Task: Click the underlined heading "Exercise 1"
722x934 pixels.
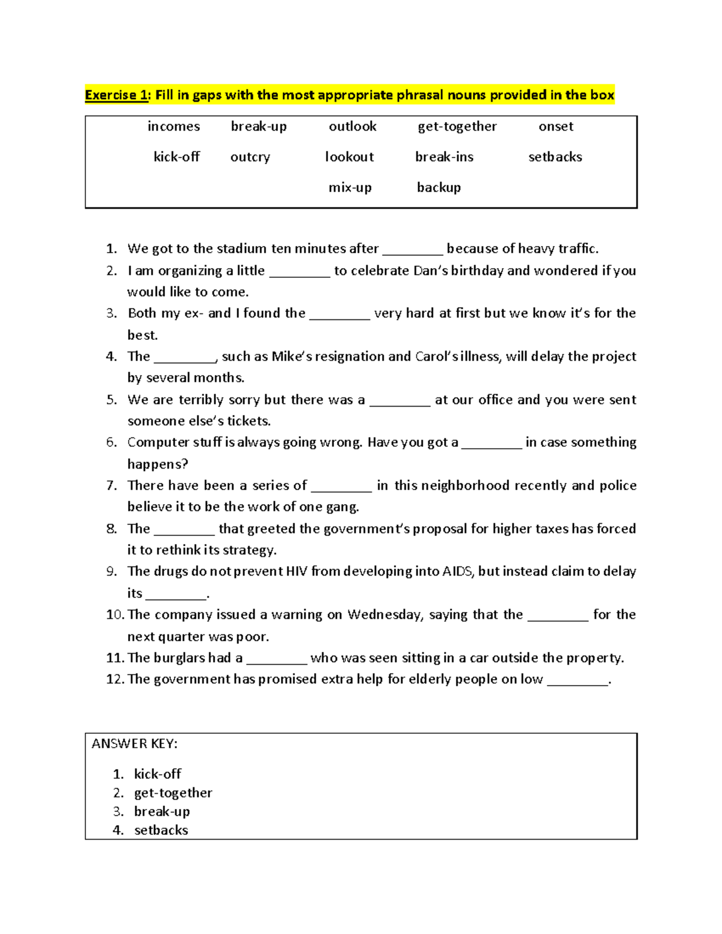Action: pyautogui.click(x=116, y=95)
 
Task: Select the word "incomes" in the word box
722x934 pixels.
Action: pyautogui.click(x=173, y=126)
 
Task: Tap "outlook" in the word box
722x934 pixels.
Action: pyautogui.click(x=353, y=126)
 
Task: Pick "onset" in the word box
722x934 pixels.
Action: pyautogui.click(x=556, y=126)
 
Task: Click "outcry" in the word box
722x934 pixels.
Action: pyautogui.click(x=250, y=157)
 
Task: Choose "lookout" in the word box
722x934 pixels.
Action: pyautogui.click(x=350, y=157)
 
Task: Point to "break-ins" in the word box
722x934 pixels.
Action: pyautogui.click(x=444, y=157)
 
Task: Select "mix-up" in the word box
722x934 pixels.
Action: pyautogui.click(x=350, y=188)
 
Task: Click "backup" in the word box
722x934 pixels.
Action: pyautogui.click(x=439, y=188)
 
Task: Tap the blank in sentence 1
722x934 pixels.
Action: pyautogui.click(x=413, y=250)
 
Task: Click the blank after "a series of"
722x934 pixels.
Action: pyautogui.click(x=342, y=487)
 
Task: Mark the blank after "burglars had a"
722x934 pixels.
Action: pyautogui.click(x=277, y=660)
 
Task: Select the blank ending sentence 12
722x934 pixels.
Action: pyautogui.click(x=578, y=681)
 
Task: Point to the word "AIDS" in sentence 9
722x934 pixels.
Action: pyautogui.click(x=457, y=571)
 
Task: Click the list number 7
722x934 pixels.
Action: pyautogui.click(x=111, y=486)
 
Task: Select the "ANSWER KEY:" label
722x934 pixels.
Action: pyautogui.click(x=134, y=744)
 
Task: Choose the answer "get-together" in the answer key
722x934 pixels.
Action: pyautogui.click(x=173, y=793)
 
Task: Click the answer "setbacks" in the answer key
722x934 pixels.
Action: pyautogui.click(x=161, y=831)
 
